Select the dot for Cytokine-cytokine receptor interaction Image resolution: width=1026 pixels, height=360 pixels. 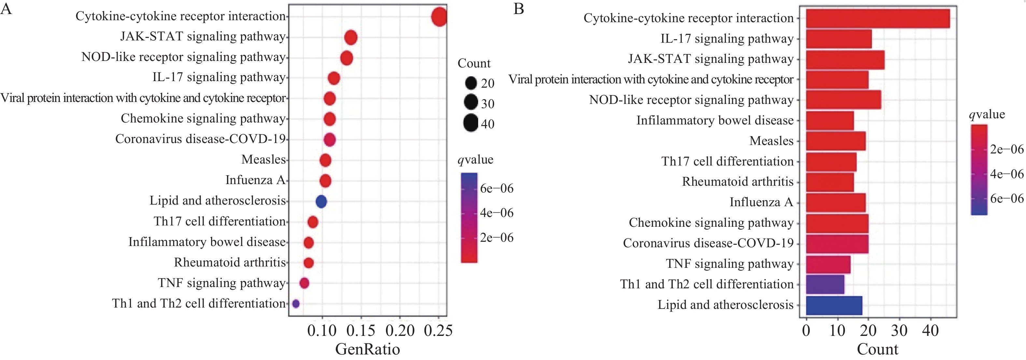tap(439, 18)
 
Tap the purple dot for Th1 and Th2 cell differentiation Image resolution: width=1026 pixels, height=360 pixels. tap(295, 304)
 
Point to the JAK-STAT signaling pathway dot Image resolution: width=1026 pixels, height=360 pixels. tap(350, 38)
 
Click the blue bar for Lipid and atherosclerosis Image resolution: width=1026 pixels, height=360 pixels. tap(834, 306)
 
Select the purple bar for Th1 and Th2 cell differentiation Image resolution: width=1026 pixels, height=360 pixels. tap(825, 284)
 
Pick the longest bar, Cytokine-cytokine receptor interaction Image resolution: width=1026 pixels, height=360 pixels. tap(877, 18)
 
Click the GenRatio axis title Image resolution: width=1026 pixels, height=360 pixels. tap(367, 349)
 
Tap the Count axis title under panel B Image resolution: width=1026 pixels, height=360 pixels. tap(877, 349)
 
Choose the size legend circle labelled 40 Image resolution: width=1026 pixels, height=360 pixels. tap(471, 123)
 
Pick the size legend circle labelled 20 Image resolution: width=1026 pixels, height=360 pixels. tap(471, 83)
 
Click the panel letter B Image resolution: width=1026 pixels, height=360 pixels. tap(519, 9)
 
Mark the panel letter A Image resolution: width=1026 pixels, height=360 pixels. tap(7, 9)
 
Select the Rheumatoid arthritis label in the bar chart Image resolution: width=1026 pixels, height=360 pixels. tap(738, 181)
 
